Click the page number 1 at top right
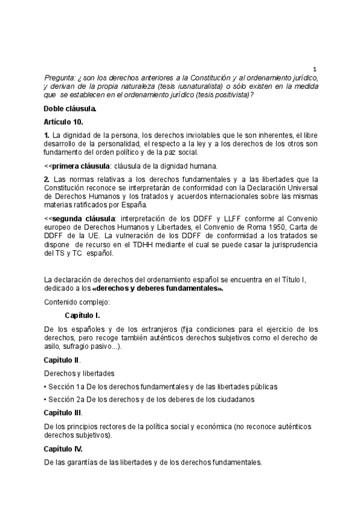(x=315, y=69)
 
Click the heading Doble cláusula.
(x=70, y=109)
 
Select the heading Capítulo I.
(x=82, y=316)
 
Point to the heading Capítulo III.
(x=64, y=412)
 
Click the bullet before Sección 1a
(x=46, y=387)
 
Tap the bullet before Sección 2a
(x=46, y=399)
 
